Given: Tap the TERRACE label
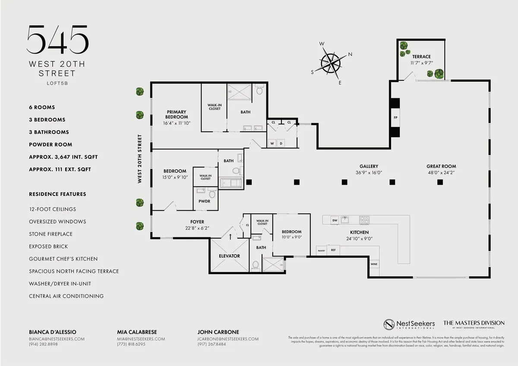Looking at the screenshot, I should pyautogui.click(x=421, y=57).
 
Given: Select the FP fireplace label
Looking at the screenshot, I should pyautogui.click(x=395, y=117).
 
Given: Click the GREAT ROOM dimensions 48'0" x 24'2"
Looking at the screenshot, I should pyautogui.click(x=441, y=173).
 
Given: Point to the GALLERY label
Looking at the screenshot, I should pyautogui.click(x=369, y=166).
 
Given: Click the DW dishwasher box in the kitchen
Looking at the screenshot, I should pyautogui.click(x=335, y=221).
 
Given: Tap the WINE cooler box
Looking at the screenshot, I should pyautogui.click(x=374, y=263).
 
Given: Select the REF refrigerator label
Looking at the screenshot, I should pyautogui.click(x=333, y=250).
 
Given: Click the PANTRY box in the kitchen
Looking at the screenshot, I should pyautogui.click(x=321, y=250).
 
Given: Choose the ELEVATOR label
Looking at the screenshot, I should pyautogui.click(x=229, y=256).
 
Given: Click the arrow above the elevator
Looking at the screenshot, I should pyautogui.click(x=230, y=237).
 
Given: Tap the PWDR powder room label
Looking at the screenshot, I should pyautogui.click(x=205, y=201).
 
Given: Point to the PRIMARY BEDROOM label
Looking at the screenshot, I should pyautogui.click(x=176, y=114).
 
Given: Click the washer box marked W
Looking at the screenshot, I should pyautogui.click(x=272, y=143).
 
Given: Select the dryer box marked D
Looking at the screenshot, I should pyautogui.click(x=281, y=143).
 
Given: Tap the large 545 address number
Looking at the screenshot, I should pyautogui.click(x=57, y=40).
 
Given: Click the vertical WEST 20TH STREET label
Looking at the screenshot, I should pyautogui.click(x=139, y=159).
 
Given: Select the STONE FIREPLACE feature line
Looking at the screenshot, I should pyautogui.click(x=51, y=234).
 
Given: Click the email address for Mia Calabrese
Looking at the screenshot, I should pyautogui.click(x=141, y=339).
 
